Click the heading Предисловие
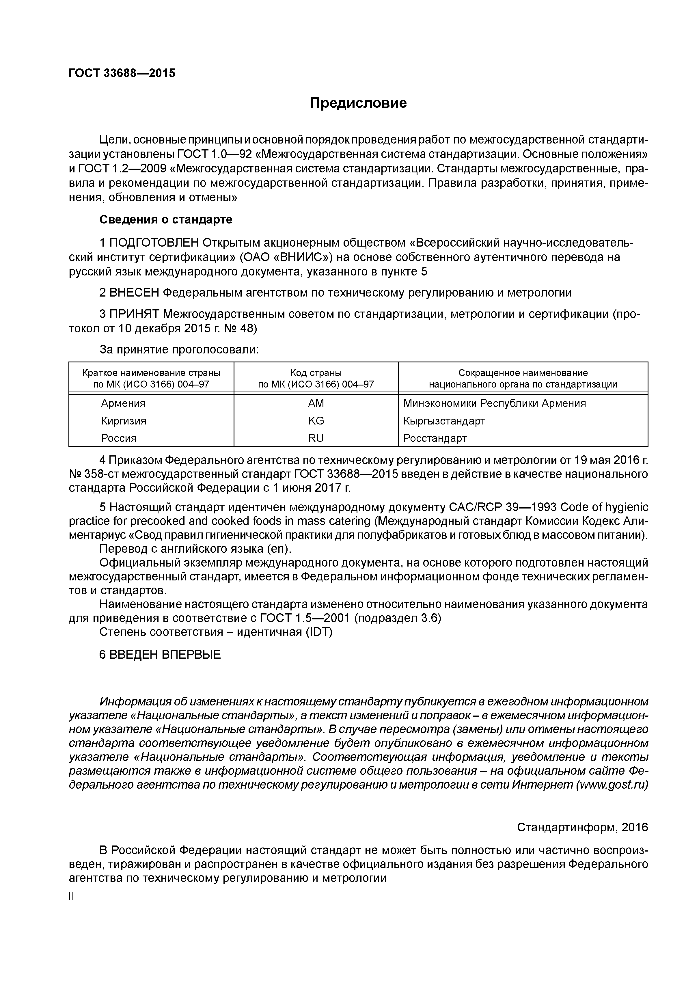pos(358,103)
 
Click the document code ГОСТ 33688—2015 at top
pos(122,73)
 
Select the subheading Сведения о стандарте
pos(166,220)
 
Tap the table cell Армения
pos(123,404)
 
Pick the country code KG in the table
pos(316,421)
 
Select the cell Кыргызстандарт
pos(444,421)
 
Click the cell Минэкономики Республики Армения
pos(494,404)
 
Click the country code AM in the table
pos(316,404)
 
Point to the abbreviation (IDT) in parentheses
pos(319,632)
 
